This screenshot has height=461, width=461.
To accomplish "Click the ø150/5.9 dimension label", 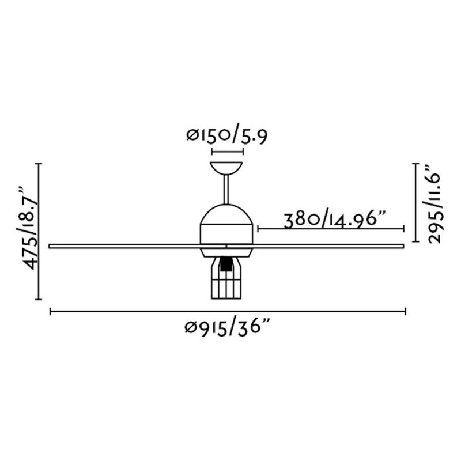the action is coord(227,137).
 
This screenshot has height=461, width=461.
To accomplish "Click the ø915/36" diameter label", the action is coord(227,327).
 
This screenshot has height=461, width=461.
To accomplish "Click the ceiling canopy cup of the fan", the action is coord(226,168).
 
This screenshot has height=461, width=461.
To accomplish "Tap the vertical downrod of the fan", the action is coord(226,190).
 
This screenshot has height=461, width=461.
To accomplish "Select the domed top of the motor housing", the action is coord(226,215).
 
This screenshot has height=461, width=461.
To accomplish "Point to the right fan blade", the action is coord(328,246).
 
